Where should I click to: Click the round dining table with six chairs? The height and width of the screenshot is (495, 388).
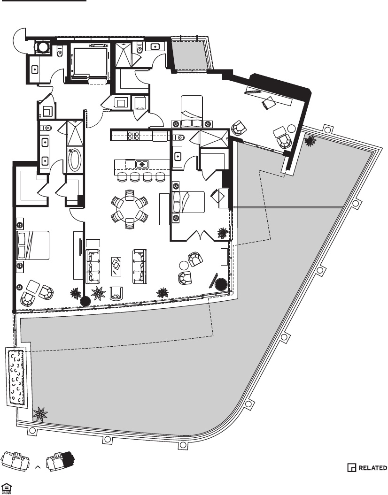point(129,208)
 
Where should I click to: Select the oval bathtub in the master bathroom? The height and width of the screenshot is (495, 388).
point(75,160)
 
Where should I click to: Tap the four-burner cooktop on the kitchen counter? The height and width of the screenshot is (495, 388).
point(134,136)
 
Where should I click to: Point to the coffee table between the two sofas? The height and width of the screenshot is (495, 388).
point(116,267)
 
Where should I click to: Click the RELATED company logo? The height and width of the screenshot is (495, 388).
point(367,468)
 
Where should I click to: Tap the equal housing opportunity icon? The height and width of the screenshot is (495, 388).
point(7,488)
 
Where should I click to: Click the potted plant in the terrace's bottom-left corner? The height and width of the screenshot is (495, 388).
point(41,414)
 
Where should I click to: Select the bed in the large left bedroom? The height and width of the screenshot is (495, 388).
point(33,245)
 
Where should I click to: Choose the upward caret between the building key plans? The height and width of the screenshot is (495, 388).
point(38,467)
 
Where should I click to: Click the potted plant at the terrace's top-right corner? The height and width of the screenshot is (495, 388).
point(310,140)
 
